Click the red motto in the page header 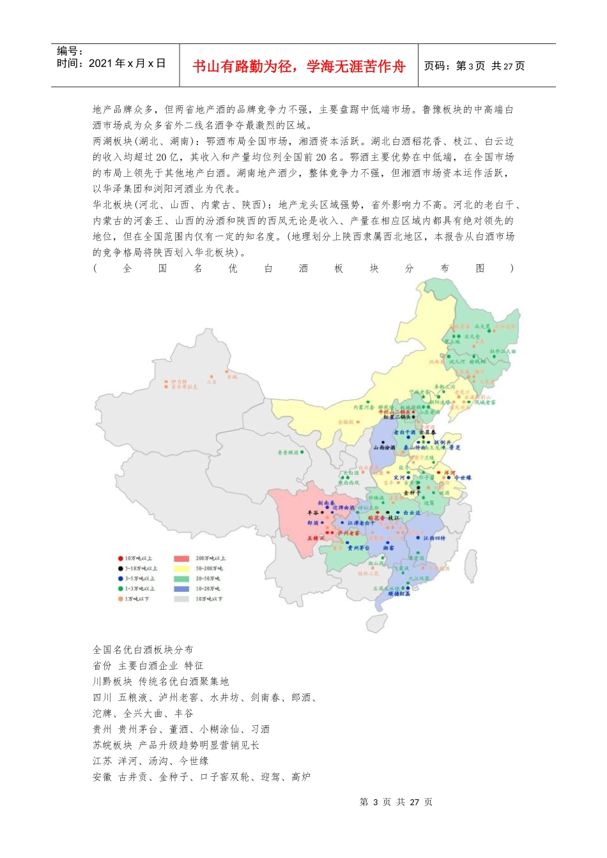[x=298, y=66]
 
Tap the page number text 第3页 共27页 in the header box [x=474, y=66]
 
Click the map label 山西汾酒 [x=385, y=448]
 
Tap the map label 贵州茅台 [x=358, y=548]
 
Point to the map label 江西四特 [x=434, y=538]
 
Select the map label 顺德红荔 [x=399, y=594]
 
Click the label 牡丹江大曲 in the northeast [x=503, y=351]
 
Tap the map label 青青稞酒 [x=288, y=453]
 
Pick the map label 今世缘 [x=463, y=478]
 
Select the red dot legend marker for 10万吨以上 [x=120, y=559]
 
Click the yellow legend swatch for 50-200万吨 [x=181, y=568]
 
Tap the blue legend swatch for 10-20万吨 [x=181, y=589]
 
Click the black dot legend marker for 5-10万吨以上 [x=120, y=568]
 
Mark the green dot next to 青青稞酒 [x=302, y=452]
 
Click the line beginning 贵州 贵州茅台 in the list [x=181, y=729]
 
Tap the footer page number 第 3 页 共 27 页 [x=396, y=802]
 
